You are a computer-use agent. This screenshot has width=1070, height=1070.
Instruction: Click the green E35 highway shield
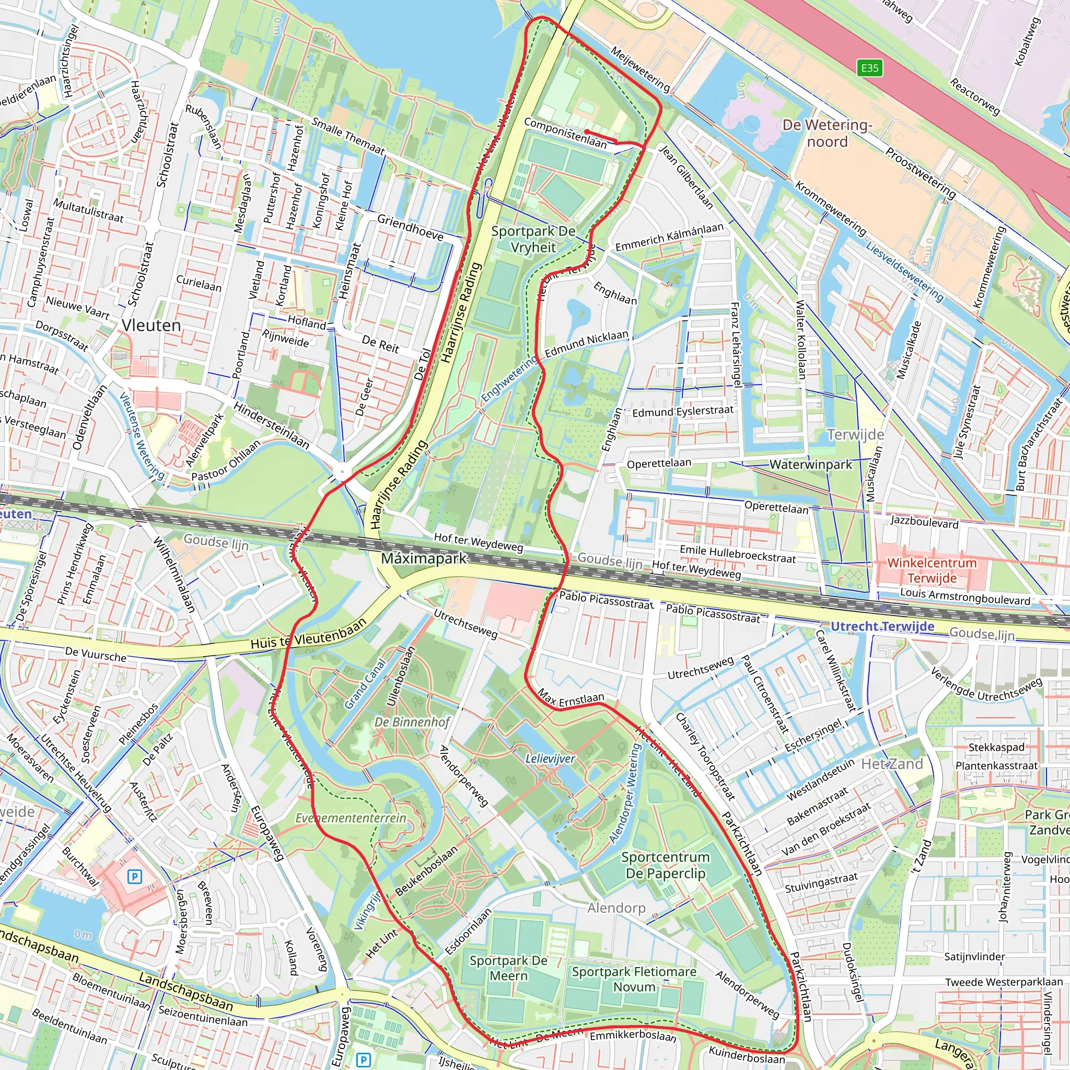coord(869,68)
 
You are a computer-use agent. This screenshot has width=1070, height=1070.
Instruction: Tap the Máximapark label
coord(424,559)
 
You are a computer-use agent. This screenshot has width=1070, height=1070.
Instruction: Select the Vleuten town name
coord(151,325)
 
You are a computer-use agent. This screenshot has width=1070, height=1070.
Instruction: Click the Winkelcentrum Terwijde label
coord(932,571)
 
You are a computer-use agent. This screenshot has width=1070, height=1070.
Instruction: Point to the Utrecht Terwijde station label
coord(882,626)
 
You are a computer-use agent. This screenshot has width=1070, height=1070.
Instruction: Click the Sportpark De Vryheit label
coord(533,239)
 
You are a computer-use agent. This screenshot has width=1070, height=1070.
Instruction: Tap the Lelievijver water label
coord(550,759)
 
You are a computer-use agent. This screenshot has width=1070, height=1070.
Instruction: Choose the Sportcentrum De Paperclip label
coord(665,865)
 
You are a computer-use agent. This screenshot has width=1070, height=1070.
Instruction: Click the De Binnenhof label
coord(412,722)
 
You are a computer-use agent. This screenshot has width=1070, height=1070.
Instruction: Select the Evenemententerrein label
coord(351,818)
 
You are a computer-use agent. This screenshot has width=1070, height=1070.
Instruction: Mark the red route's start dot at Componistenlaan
coord(587,132)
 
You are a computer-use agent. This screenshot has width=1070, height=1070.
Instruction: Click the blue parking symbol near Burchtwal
coord(135,877)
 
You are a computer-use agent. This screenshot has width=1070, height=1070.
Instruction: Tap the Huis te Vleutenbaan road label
coord(308,634)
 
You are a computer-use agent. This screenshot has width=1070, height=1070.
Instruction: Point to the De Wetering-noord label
coord(827,133)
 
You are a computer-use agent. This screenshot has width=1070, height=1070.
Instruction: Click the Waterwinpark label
coord(811,464)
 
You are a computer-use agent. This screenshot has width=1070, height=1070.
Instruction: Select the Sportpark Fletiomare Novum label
coord(634,979)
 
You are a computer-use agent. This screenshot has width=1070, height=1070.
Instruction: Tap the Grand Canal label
coord(365,683)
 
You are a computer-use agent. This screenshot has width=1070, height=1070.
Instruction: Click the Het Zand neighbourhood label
coord(892,764)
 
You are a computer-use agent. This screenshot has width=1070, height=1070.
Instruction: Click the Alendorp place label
coord(616,908)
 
